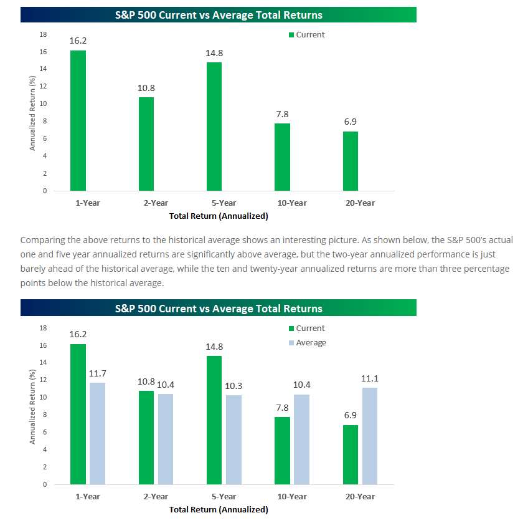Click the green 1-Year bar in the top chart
coord(78,120)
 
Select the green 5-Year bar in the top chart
coord(214,127)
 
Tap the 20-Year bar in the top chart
coord(351,161)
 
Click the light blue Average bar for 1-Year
coord(97,433)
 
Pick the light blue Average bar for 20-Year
coord(369,436)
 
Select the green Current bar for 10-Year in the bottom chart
coord(282,450)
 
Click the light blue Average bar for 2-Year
coord(165,439)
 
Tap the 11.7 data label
coord(97,373)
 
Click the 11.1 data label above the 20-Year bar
coord(370,378)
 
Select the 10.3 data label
coord(233,386)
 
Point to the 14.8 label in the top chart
coord(214,53)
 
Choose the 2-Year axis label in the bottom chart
coord(155,496)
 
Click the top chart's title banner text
coord(219,14)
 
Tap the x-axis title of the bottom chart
coord(219,509)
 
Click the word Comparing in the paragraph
coord(42,240)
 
